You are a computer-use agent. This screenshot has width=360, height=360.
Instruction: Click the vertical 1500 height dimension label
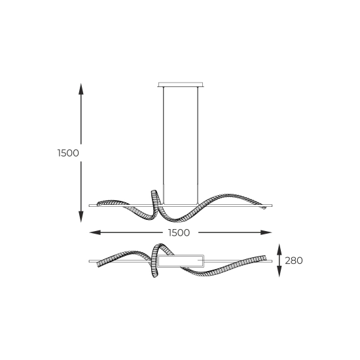pyautogui.click(x=68, y=153)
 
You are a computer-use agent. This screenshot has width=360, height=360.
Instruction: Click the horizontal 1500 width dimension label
pyautogui.click(x=179, y=233)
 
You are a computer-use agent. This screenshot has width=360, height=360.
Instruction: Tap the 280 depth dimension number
pyautogui.click(x=294, y=261)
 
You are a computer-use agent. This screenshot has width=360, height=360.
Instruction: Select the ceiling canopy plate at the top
pyautogui.click(x=181, y=84)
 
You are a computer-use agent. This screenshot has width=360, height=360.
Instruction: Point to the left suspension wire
pyautogui.click(x=164, y=145)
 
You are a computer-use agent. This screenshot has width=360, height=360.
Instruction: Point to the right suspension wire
pyautogui.click(x=198, y=145)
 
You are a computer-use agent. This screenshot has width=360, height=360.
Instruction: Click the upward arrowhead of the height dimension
pyautogui.click(x=81, y=89)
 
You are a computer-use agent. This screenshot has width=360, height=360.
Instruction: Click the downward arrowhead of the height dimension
pyautogui.click(x=81, y=217)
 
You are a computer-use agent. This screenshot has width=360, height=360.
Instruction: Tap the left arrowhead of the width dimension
pyautogui.click(x=95, y=232)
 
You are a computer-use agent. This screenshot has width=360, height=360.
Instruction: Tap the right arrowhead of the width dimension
pyautogui.click(x=266, y=232)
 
